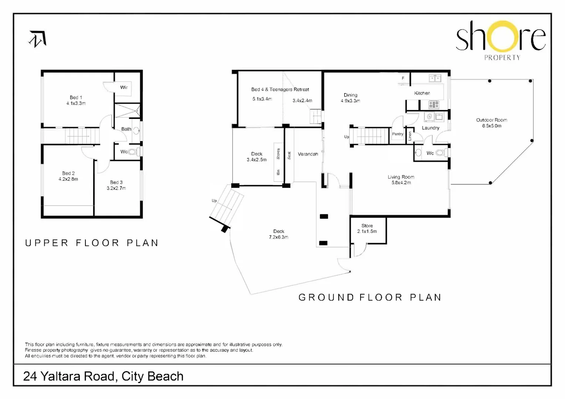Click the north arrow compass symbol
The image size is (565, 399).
pyautogui.click(x=38, y=39)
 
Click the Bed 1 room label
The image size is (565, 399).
pyautogui.click(x=76, y=97)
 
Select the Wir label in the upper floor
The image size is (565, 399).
pyautogui.click(x=124, y=87)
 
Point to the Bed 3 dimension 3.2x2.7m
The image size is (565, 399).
pyautogui.click(x=116, y=188)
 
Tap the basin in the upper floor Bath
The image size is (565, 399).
pyautogui.click(x=136, y=130)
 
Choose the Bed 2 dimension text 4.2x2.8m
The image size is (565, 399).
pyautogui.click(x=68, y=179)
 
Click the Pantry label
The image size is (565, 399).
pyautogui.click(x=397, y=134)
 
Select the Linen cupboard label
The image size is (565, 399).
pyautogui.click(x=410, y=136)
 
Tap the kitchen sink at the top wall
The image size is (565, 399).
pyautogui.click(x=435, y=78)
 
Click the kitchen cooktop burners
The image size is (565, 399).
pyautogui.click(x=434, y=104)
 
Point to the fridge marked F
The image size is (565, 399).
pyautogui.click(x=403, y=78)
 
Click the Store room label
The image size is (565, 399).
pyautogui.click(x=367, y=226)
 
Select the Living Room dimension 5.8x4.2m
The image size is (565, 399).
pyautogui.click(x=401, y=183)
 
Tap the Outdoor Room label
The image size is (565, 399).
pyautogui.click(x=491, y=120)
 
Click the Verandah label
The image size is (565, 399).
pyautogui.click(x=308, y=154)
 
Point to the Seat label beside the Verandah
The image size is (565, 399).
pyautogui.click(x=289, y=155)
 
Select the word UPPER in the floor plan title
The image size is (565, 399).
pyautogui.click(x=47, y=243)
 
